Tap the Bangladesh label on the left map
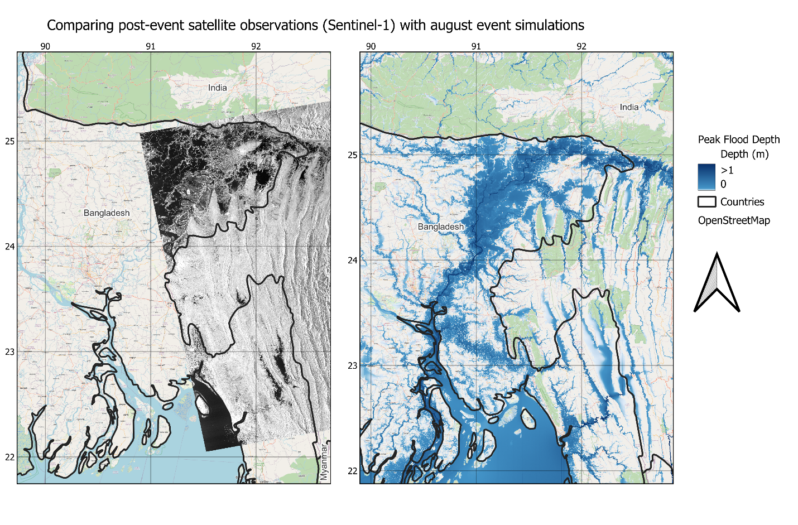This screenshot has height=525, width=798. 107,213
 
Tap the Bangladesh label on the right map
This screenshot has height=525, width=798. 441,227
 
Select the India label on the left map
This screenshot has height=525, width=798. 218,88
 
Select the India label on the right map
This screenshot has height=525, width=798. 629,107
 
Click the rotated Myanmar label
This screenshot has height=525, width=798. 324,462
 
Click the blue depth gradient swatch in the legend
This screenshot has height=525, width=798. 706,177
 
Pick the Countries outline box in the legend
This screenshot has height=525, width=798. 707,201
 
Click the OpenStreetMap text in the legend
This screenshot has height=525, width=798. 734,220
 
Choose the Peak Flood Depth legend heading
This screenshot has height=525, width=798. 739,139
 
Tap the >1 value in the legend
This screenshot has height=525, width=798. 727,170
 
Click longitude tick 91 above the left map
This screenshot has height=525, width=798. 151,46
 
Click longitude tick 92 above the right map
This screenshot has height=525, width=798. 581,46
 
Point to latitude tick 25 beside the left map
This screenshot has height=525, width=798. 10,141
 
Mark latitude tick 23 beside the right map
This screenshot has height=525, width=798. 353,365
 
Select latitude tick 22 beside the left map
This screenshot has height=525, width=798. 10,457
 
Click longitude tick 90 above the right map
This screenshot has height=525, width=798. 371,46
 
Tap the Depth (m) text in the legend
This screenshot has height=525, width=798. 744,154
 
